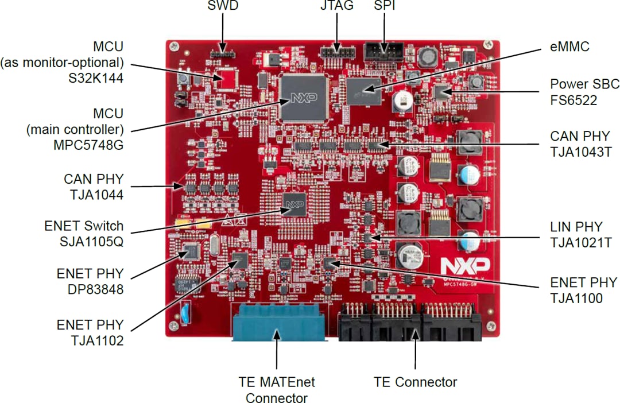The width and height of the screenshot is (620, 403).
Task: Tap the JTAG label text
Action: [x=336, y=7]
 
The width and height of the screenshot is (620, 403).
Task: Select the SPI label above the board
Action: [x=385, y=7]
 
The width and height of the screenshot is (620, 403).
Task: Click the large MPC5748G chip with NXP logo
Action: [x=303, y=97]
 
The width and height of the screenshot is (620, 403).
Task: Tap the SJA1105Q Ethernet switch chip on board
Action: [x=294, y=204]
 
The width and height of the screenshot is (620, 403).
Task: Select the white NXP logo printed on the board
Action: [x=465, y=265]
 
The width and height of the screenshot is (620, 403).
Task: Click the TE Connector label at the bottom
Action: [x=415, y=382]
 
